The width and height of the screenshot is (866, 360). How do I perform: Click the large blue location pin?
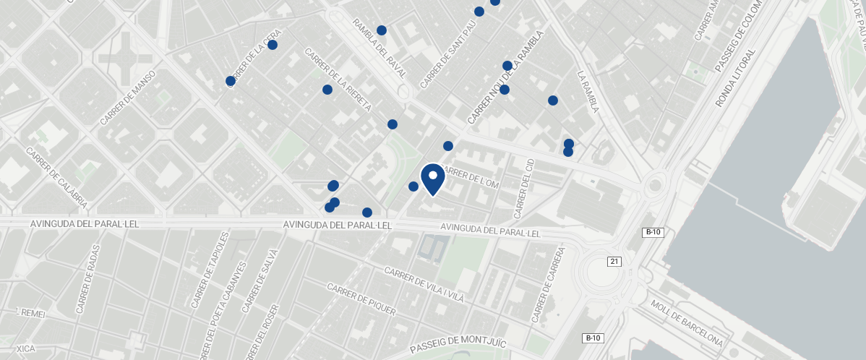432,179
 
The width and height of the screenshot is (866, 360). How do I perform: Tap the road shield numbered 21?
614,261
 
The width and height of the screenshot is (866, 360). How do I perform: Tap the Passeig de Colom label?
738,35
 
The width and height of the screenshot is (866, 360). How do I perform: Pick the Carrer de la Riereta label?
338,80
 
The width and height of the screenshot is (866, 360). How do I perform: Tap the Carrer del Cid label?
524,188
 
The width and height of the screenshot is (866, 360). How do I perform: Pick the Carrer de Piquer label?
361,299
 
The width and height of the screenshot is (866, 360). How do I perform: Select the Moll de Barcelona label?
686,322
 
